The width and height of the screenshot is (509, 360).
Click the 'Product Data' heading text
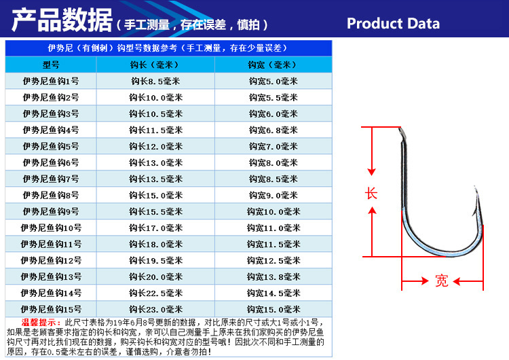pyautogui.click(x=393, y=24)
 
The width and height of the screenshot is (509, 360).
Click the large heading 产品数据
pyautogui.click(x=62, y=22)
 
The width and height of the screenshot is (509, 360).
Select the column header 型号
pyautogui.click(x=51, y=65)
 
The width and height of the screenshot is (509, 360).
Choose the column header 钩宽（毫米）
pyautogui.click(x=273, y=65)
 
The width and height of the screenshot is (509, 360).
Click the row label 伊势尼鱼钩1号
pyautogui.click(x=51, y=81)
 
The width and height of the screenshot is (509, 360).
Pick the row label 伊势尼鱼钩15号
pyautogui.click(x=51, y=309)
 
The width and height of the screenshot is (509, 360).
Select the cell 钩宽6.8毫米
pyautogui.click(x=273, y=130)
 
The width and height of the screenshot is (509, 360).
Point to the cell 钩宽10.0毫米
pyautogui.click(x=273, y=211)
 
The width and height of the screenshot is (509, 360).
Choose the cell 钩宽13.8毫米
pyautogui.click(x=273, y=276)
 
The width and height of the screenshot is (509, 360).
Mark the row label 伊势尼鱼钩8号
pyautogui.click(x=51, y=195)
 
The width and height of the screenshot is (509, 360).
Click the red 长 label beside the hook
pyautogui.click(x=371, y=193)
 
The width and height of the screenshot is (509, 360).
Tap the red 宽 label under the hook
pyautogui.click(x=442, y=281)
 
